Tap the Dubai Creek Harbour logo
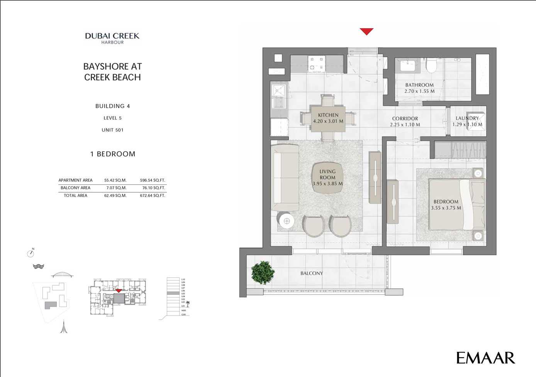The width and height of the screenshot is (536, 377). tap(112, 38)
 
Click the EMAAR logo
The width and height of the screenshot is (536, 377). tap(485, 358)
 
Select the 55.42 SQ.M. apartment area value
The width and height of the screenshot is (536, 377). tap(115, 180)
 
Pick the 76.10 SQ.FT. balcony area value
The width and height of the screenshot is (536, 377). tap(153, 188)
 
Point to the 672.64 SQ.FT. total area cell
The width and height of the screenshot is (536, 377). tap(152, 196)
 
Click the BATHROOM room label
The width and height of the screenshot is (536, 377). tap(419, 85)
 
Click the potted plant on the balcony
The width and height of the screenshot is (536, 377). tap(263, 273)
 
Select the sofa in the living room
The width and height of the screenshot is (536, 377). tap(285, 177)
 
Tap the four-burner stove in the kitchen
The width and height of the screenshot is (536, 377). tap(316, 64)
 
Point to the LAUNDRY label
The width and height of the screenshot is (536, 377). tap(467, 118)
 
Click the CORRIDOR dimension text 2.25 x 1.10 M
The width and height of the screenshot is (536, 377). tap(405, 125)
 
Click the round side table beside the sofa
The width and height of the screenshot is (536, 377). tap(286, 221)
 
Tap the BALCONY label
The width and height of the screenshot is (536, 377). tap(311, 273)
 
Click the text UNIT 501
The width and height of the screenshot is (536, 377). tap(112, 130)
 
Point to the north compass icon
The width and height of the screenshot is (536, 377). tap(31, 253)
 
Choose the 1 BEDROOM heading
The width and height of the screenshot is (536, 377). tap(112, 154)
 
